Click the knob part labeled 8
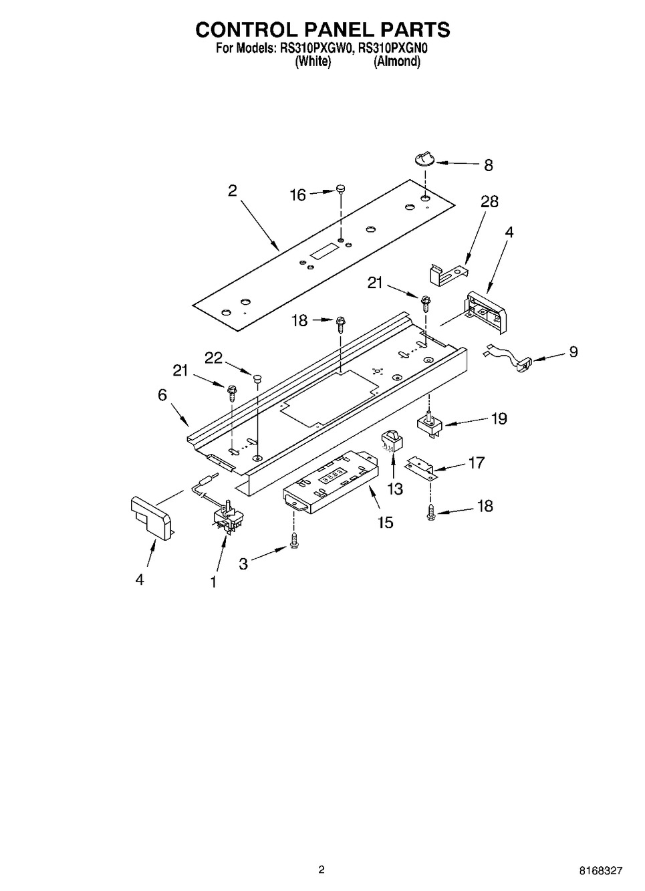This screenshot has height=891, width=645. tap(424, 158)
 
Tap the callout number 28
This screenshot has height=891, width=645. tap(489, 201)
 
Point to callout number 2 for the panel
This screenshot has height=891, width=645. tap(232, 190)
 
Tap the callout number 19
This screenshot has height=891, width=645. tap(499, 419)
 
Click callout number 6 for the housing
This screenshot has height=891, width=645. tap(162, 395)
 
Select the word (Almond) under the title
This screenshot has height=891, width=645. tap(396, 61)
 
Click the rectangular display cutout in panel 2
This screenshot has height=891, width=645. tap(324, 252)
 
